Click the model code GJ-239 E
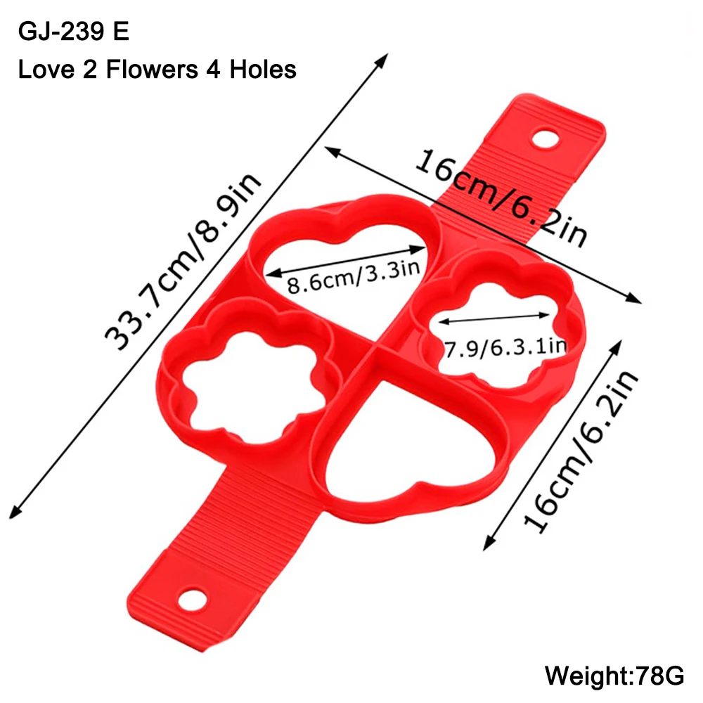pos(74,32)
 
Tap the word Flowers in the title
pos(152,70)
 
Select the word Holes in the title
pos(263,70)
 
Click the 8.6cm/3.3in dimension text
pos(354,278)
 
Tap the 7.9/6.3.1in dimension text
pos(505,347)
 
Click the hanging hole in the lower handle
pos(193,599)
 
